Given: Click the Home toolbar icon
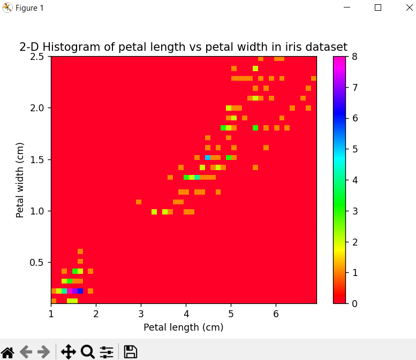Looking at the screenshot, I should (7, 351).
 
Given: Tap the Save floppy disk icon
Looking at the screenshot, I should (131, 351).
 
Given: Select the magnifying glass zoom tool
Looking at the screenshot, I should (88, 351).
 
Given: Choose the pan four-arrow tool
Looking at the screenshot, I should (68, 351).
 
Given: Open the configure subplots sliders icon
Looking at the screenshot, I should (107, 351).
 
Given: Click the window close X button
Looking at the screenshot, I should (403, 7).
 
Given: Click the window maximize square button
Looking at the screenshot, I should (378, 7).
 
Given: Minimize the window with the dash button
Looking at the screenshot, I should (353, 7).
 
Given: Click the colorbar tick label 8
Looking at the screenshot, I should (354, 56).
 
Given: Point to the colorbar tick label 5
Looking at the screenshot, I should (354, 149).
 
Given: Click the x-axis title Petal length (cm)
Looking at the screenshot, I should (183, 327).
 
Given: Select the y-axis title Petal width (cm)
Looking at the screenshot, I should (20, 180).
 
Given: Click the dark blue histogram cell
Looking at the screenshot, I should (80, 291).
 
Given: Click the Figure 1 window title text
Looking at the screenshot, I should (29, 8).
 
